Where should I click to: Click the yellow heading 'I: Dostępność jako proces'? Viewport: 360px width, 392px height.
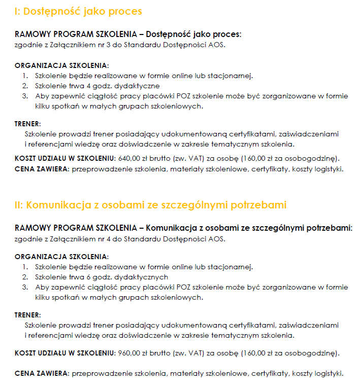(x=78, y=11)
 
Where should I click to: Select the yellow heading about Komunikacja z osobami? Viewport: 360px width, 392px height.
(x=151, y=205)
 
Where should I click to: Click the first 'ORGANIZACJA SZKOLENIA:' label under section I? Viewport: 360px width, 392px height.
(x=61, y=65)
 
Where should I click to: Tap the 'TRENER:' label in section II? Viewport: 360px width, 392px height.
(x=28, y=315)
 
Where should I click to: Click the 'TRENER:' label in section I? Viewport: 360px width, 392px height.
(x=28, y=123)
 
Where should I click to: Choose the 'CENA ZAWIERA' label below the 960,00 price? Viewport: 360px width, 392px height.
(x=42, y=374)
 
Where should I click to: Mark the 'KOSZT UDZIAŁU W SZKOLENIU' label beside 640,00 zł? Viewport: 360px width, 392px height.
(x=65, y=158)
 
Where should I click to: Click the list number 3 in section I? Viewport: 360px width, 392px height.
(x=24, y=96)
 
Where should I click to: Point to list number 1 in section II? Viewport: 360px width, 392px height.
(x=24, y=267)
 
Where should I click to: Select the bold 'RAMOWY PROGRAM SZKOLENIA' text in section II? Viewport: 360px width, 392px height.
(x=76, y=228)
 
